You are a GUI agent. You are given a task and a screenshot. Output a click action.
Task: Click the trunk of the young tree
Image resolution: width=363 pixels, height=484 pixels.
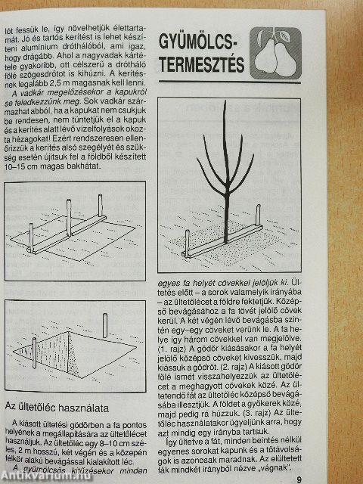click(x=228, y=219)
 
